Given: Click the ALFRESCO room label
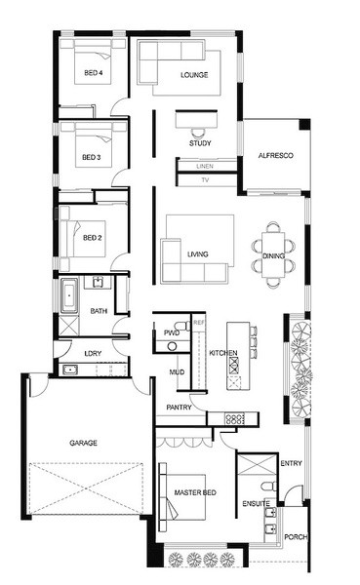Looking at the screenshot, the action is (275, 156).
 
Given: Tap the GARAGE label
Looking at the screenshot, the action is (83, 443).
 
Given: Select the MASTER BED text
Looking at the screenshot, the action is (195, 492).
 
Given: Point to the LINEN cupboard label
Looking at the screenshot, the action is (205, 166).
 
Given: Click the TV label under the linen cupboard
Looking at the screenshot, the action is (205, 179).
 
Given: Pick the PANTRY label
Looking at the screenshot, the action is (179, 408).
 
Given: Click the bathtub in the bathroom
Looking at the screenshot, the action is (69, 295).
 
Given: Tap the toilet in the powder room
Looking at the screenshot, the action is (182, 325).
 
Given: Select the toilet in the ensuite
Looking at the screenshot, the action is (268, 487).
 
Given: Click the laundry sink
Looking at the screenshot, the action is (70, 370).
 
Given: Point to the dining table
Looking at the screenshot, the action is (273, 255).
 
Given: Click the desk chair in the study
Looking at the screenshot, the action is (198, 133).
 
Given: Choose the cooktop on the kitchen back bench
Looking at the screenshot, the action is (234, 418).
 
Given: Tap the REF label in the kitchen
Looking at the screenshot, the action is (199, 323).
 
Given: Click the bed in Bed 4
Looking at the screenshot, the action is (94, 61).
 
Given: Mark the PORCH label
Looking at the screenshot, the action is (296, 537).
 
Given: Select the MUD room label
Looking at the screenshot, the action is (177, 372).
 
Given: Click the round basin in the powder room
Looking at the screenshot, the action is (172, 346).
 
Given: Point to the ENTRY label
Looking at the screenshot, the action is (292, 463).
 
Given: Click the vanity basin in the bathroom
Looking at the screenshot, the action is (98, 282).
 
